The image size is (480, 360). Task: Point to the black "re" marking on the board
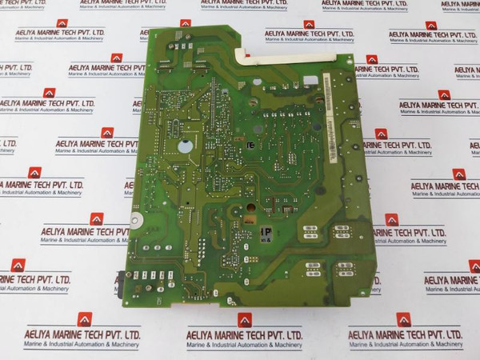251,146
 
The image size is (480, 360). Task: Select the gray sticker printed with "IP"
264,233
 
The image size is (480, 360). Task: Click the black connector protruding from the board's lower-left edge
119,279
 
